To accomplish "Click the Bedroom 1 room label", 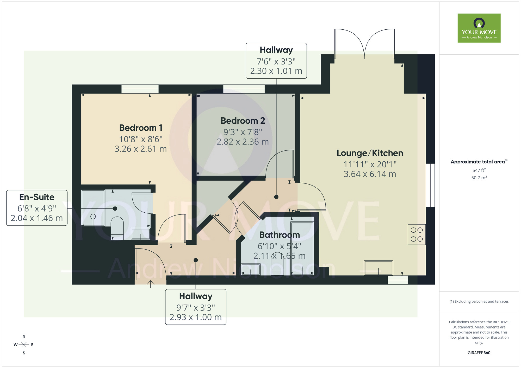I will (141, 128).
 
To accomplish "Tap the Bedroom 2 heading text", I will (243, 121).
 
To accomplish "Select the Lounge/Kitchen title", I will (370, 153).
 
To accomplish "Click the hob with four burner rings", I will (417, 234).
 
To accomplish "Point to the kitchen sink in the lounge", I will (378, 268).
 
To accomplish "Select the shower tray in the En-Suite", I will (93, 208).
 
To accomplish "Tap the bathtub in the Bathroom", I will (302, 249).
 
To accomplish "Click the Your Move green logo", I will (479, 28).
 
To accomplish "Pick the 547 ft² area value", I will (479, 170).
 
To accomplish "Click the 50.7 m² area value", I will (479, 178).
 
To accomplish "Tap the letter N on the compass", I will (24, 336).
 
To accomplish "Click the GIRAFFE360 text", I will (479, 353).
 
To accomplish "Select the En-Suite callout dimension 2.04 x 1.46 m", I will (37, 218).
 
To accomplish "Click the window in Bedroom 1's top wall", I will (140, 89).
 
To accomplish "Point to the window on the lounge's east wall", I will (430, 185).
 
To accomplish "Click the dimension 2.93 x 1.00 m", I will (196, 317).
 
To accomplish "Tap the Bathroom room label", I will (280, 235).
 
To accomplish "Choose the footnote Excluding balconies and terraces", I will (479, 301).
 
